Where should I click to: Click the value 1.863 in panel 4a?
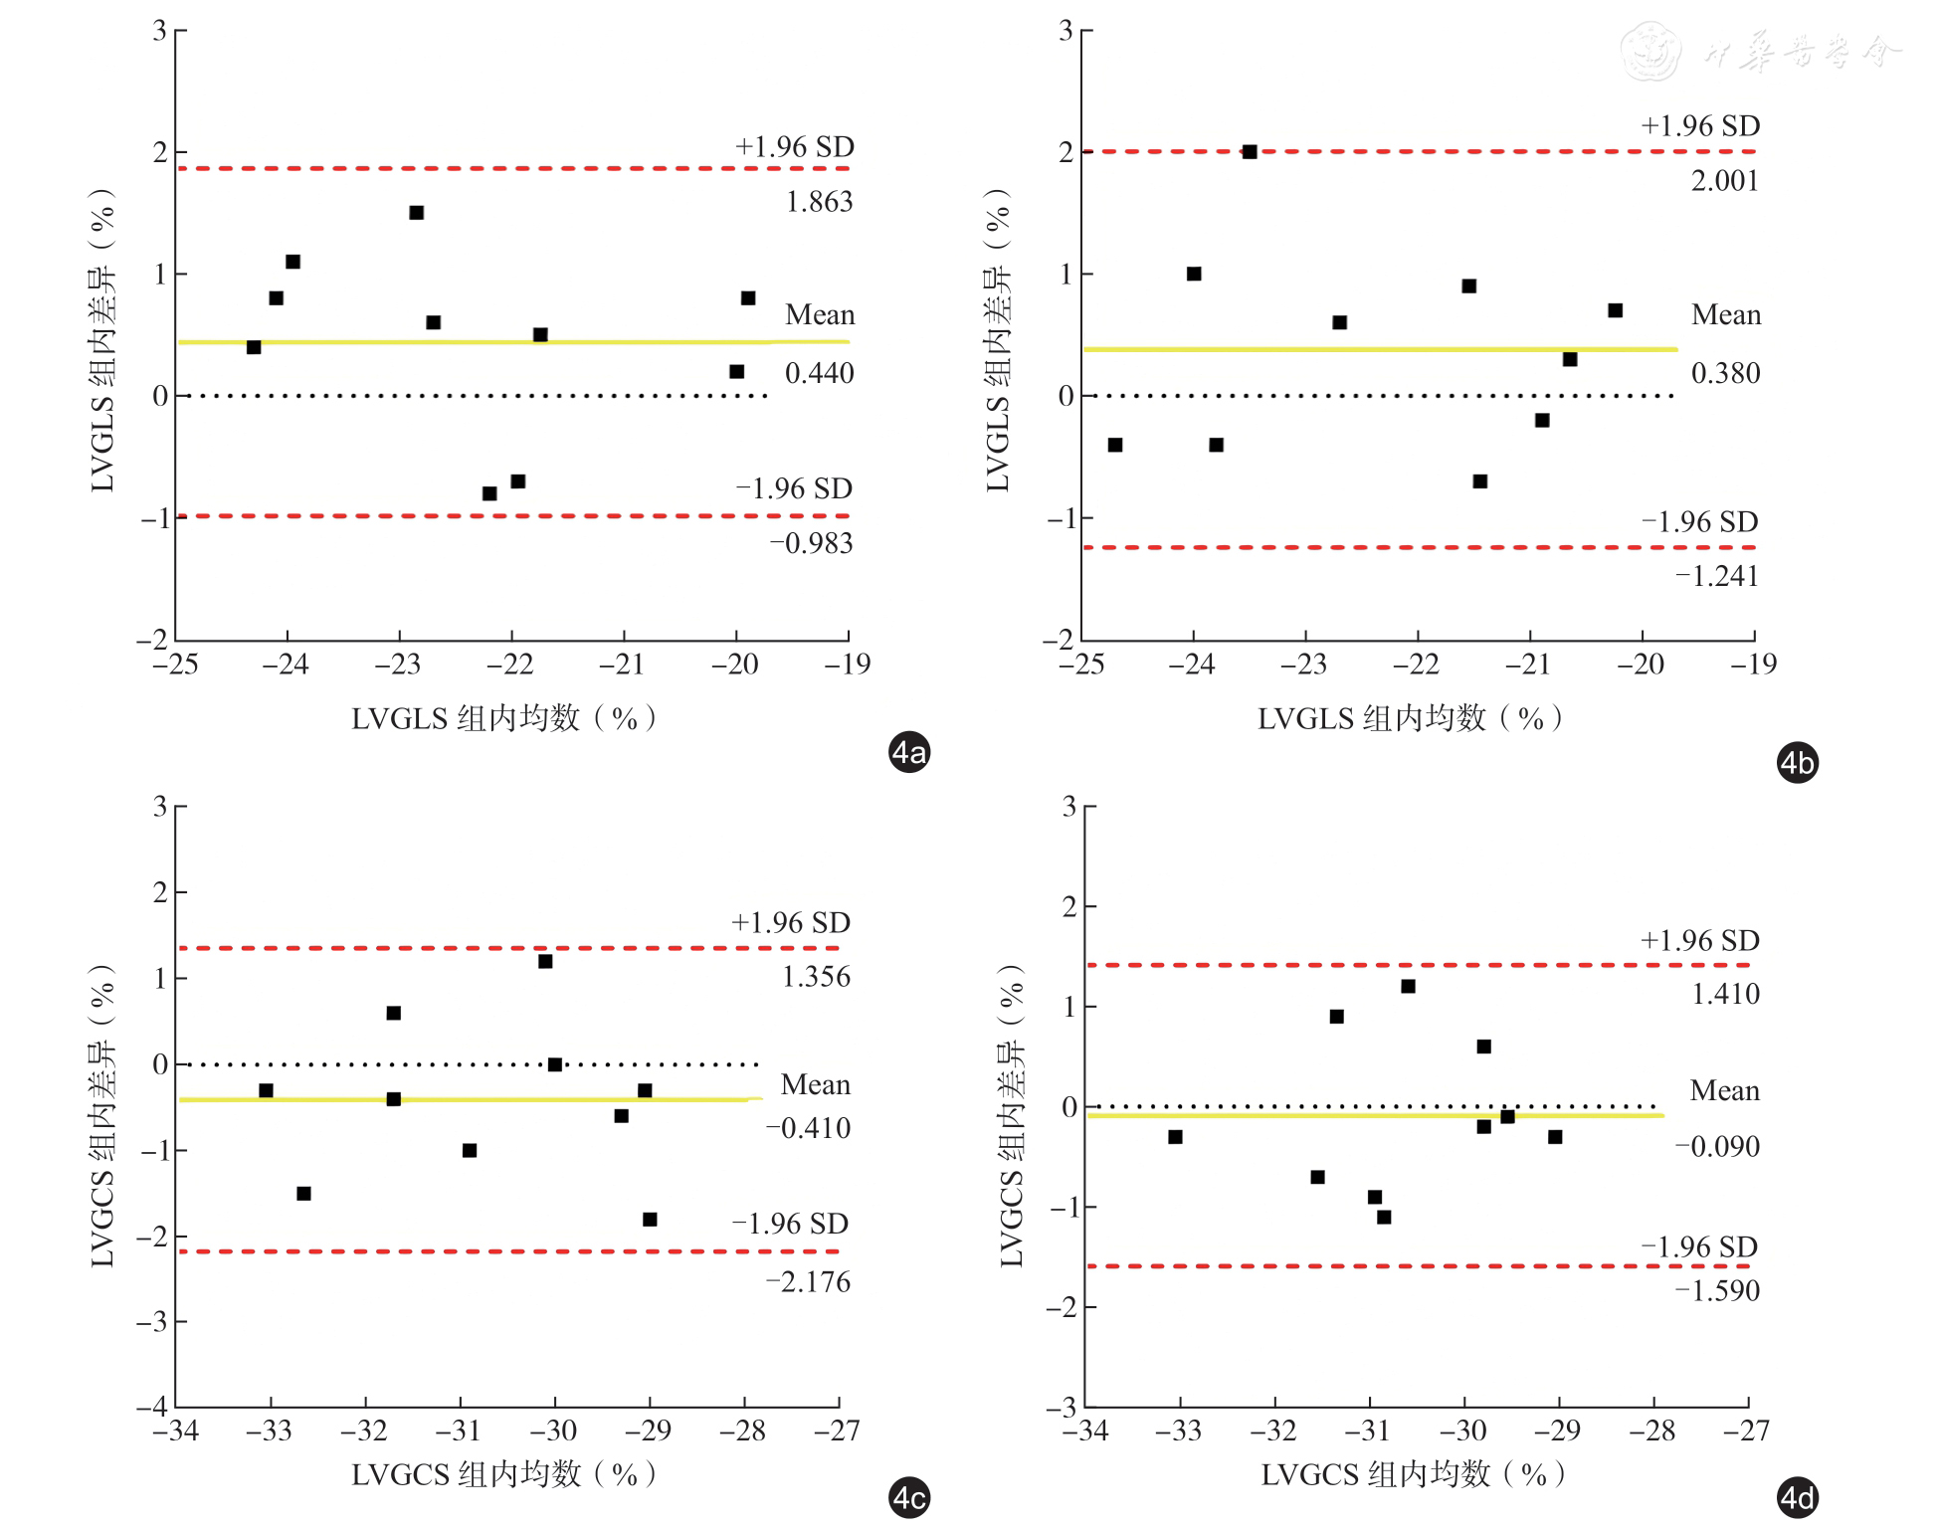[819, 202]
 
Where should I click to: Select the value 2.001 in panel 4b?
[1724, 181]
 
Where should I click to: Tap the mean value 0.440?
[819, 374]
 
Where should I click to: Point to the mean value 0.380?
[1725, 374]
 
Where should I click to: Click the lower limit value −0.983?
[811, 543]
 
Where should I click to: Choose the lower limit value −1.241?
[1716, 576]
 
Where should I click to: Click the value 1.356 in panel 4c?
[816, 977]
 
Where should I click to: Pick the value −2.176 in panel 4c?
[808, 1282]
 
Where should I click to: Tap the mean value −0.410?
[808, 1129]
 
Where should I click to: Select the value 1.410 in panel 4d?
[1725, 994]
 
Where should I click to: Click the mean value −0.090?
[1717, 1147]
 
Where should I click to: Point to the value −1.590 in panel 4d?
[1717, 1291]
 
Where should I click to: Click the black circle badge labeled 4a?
[908, 753]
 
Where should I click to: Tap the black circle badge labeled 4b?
[1797, 763]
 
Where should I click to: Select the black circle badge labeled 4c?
[908, 1498]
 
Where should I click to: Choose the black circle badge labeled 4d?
[1797, 1498]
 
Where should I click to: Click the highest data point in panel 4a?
[417, 213]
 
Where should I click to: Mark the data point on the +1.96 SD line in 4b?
[1250, 152]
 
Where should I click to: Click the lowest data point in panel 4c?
[650, 1220]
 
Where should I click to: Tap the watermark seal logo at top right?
[1651, 52]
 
